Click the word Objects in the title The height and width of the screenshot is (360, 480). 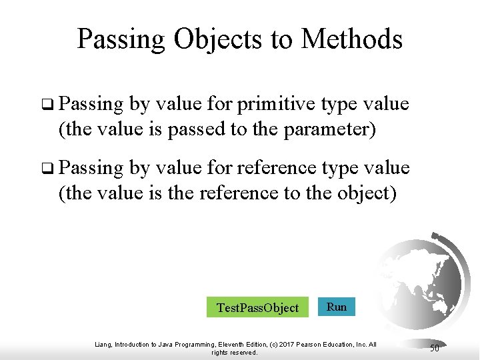click(219, 39)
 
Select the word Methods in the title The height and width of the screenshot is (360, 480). click(351, 39)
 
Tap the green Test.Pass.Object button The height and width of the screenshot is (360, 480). click(257, 307)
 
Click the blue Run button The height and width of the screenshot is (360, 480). click(337, 307)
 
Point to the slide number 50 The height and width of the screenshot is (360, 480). click(434, 348)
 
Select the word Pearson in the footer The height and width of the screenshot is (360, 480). click(319, 345)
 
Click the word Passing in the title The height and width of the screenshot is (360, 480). click(122, 39)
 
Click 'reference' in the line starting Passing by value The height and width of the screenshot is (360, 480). click(281, 169)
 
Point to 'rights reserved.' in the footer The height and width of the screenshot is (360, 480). click(234, 353)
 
